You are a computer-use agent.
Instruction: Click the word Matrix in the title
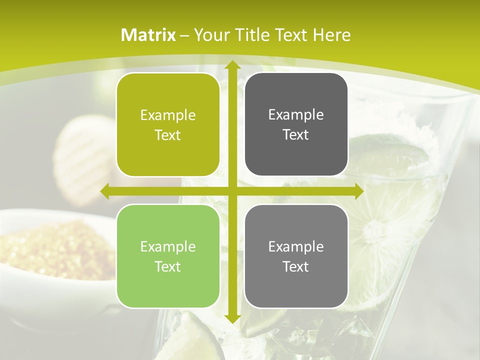[x=148, y=35]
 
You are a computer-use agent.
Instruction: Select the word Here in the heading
[x=331, y=35]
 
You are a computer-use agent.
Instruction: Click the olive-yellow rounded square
[x=168, y=124]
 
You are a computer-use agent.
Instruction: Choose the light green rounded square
[x=168, y=256]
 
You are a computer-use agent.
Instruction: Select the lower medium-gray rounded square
[x=296, y=256]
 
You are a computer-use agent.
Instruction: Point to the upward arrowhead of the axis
[x=232, y=65]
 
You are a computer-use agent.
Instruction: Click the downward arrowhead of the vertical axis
[x=232, y=318]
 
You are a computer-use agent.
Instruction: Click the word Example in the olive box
[x=168, y=115]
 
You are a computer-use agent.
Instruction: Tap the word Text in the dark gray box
[x=296, y=134]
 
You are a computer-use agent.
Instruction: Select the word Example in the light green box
[x=168, y=246]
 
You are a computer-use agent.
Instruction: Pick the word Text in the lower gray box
[x=296, y=266]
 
